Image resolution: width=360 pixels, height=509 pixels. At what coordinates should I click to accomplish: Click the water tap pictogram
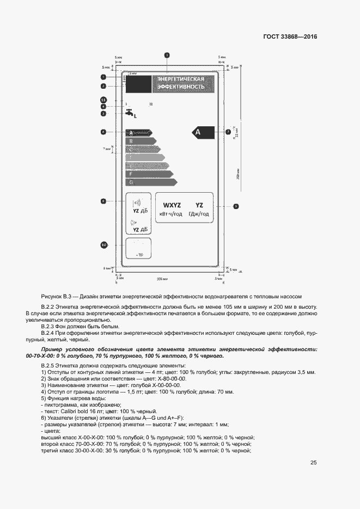pos(130,113)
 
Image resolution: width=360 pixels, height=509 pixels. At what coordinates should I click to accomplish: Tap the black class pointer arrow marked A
pos(201,132)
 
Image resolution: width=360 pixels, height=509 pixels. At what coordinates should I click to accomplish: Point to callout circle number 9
pos(236,206)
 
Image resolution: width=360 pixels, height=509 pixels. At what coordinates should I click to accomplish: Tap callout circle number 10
pos(104,246)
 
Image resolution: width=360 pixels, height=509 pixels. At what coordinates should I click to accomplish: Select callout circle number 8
pos(103,201)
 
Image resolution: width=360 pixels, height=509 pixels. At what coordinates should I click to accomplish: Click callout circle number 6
pos(103,131)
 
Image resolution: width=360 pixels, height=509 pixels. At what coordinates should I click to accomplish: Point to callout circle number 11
pos(103,100)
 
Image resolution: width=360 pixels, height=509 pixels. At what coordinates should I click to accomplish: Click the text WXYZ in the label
pos(172,205)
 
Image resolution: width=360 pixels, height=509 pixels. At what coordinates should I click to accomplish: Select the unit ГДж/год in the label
pos(199,214)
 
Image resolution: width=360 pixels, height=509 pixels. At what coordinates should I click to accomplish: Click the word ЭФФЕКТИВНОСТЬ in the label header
pos(181,87)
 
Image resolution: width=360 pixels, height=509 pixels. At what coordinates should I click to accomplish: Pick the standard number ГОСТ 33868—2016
pos(290,37)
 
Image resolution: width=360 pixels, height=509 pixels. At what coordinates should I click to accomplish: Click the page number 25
pos(314,463)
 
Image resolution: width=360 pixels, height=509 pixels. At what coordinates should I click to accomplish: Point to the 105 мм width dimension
pos(161,279)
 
